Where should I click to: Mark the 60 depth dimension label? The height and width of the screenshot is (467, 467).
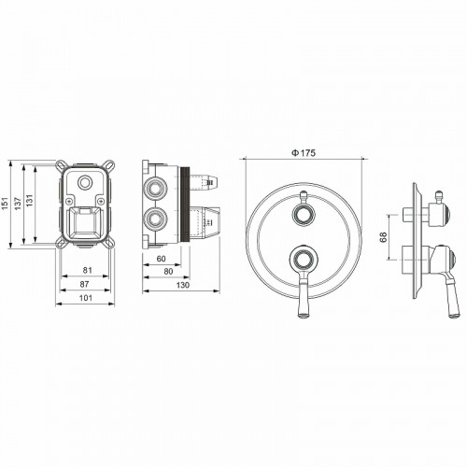160,261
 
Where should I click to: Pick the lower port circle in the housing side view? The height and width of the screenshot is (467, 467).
154,220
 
